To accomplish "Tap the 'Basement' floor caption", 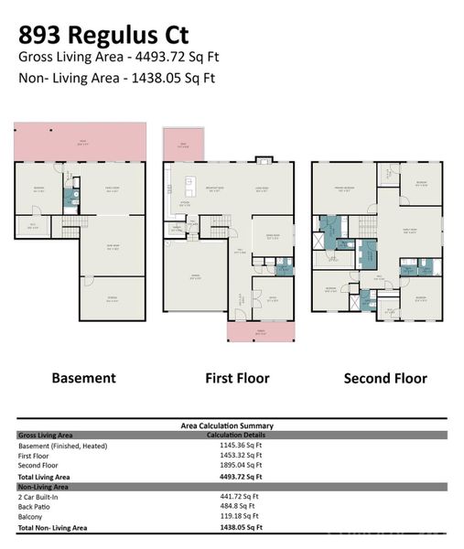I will (83, 377).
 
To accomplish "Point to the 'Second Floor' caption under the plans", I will (385, 377).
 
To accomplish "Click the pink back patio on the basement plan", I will (80, 142).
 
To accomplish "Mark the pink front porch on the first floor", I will (262, 331).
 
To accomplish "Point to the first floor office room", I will (272, 296).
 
